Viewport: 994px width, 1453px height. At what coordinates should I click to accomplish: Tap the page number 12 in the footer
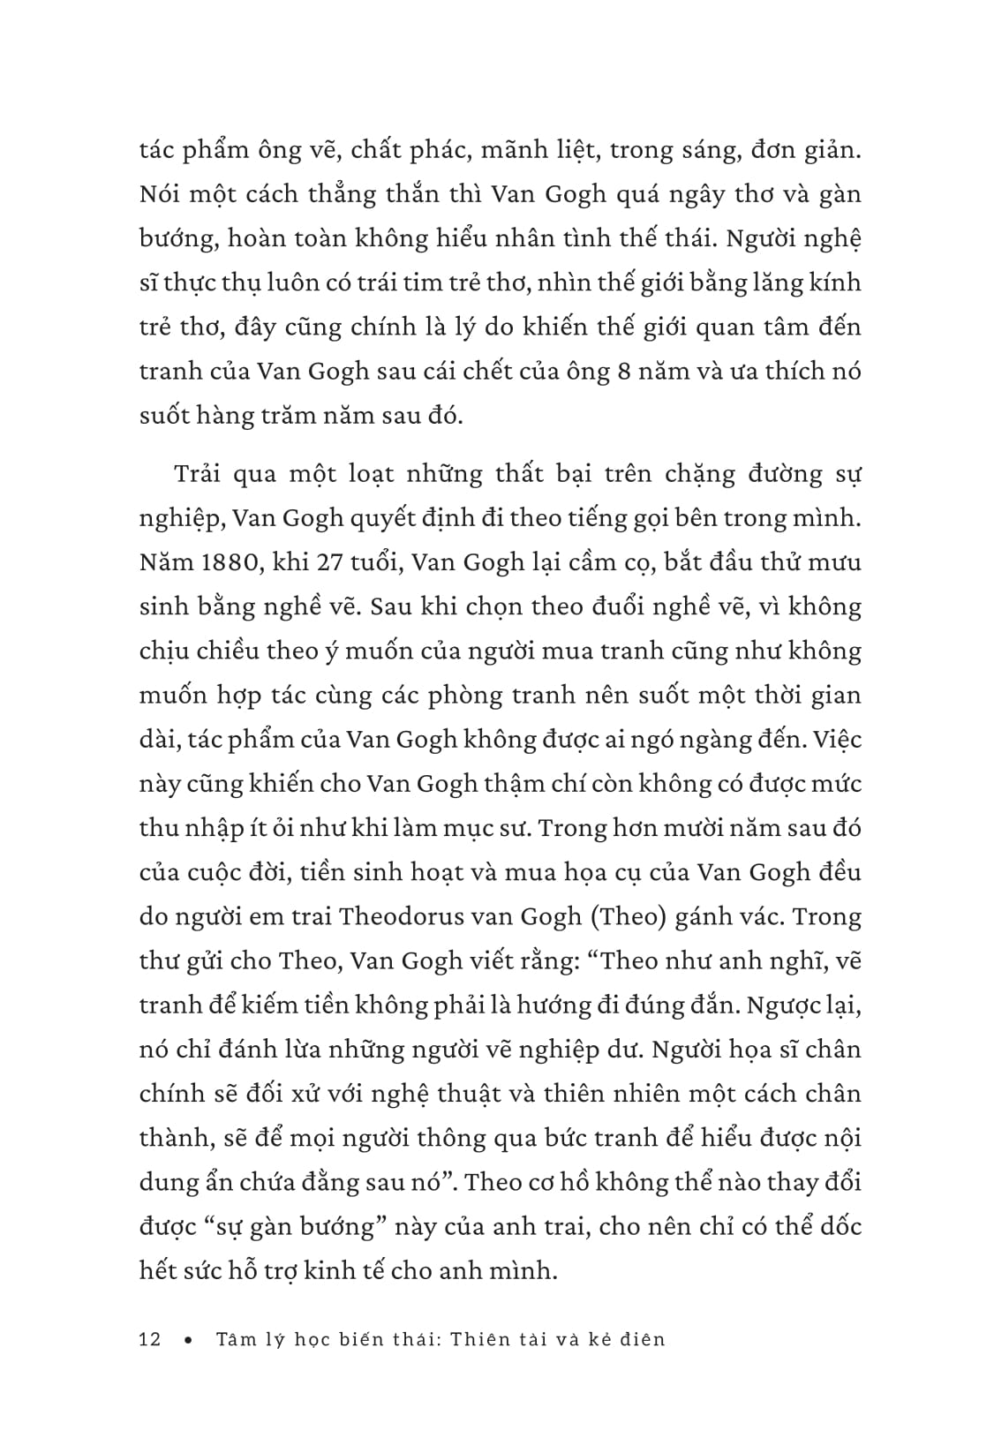point(151,1339)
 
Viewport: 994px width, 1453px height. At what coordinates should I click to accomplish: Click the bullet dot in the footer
point(188,1340)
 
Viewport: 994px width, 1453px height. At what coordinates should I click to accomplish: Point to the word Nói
point(158,193)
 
